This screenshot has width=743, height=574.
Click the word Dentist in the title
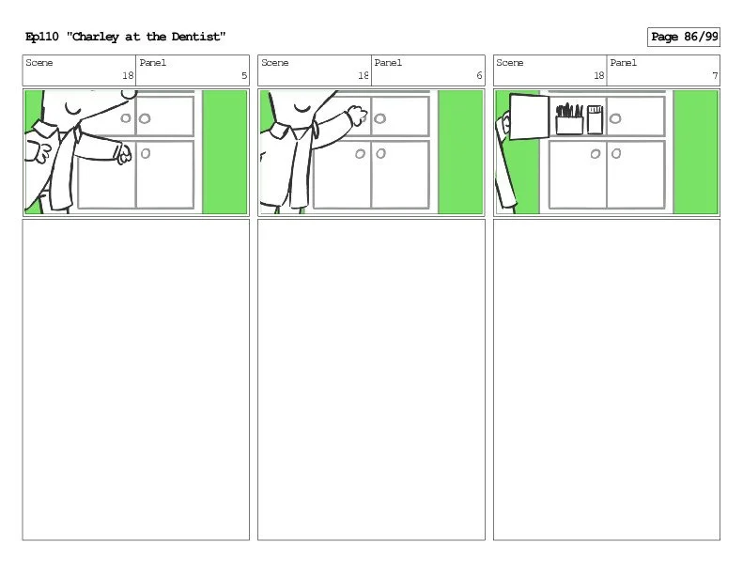click(198, 37)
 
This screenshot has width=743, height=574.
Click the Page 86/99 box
click(683, 37)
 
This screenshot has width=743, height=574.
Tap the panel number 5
click(244, 75)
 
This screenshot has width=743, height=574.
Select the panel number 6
click(479, 75)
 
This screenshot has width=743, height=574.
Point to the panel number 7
click(715, 75)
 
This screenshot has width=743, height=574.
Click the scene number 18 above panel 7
click(599, 75)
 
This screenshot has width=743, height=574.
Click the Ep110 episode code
click(41, 37)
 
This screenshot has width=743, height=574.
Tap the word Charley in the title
click(95, 37)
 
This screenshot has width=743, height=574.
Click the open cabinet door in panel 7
click(529, 116)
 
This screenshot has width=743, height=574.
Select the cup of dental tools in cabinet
click(569, 119)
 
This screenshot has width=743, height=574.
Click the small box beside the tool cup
click(596, 119)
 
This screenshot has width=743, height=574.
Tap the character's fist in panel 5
click(124, 153)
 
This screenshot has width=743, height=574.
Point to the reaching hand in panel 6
click(357, 116)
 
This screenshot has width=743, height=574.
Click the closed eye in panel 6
click(302, 109)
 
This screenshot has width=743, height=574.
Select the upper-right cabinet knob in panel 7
click(615, 118)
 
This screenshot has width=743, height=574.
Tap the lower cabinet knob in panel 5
click(146, 153)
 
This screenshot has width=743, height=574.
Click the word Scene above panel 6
click(275, 63)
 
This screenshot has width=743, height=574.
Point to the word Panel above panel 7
click(623, 63)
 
